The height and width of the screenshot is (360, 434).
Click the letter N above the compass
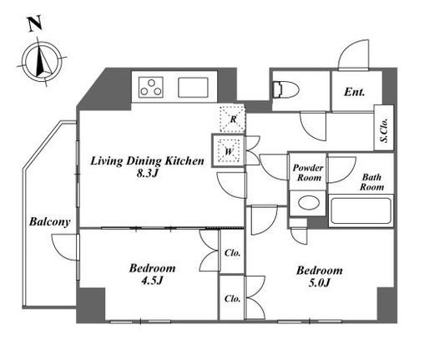pos(35,23)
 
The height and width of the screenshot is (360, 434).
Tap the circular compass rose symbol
pos(42,62)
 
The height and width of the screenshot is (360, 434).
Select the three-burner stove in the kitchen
pos(151,87)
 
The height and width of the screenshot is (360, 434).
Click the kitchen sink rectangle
pos(193,88)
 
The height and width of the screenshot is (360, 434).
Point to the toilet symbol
pos(285,89)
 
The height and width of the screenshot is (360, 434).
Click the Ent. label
pos(354,92)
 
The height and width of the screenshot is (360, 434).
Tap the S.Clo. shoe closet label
pos(385,130)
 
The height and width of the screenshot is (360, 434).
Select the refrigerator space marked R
pos(233,119)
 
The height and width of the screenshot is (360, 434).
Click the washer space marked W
pos(229,151)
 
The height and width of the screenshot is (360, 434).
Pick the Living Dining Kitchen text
pos(147,161)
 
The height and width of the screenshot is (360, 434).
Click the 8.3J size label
pos(147,174)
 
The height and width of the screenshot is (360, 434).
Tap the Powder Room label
pos(308,173)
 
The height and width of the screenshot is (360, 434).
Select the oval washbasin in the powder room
pos(309,202)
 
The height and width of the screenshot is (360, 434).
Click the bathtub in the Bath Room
pos(361,210)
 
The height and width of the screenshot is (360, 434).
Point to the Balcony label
pos(50,222)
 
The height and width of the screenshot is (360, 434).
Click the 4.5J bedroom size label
pos(152,281)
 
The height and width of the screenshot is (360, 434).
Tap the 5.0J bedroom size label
pos(320,283)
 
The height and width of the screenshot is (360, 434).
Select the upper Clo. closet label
pos(232,253)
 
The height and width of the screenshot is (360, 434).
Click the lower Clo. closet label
pos(232,299)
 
